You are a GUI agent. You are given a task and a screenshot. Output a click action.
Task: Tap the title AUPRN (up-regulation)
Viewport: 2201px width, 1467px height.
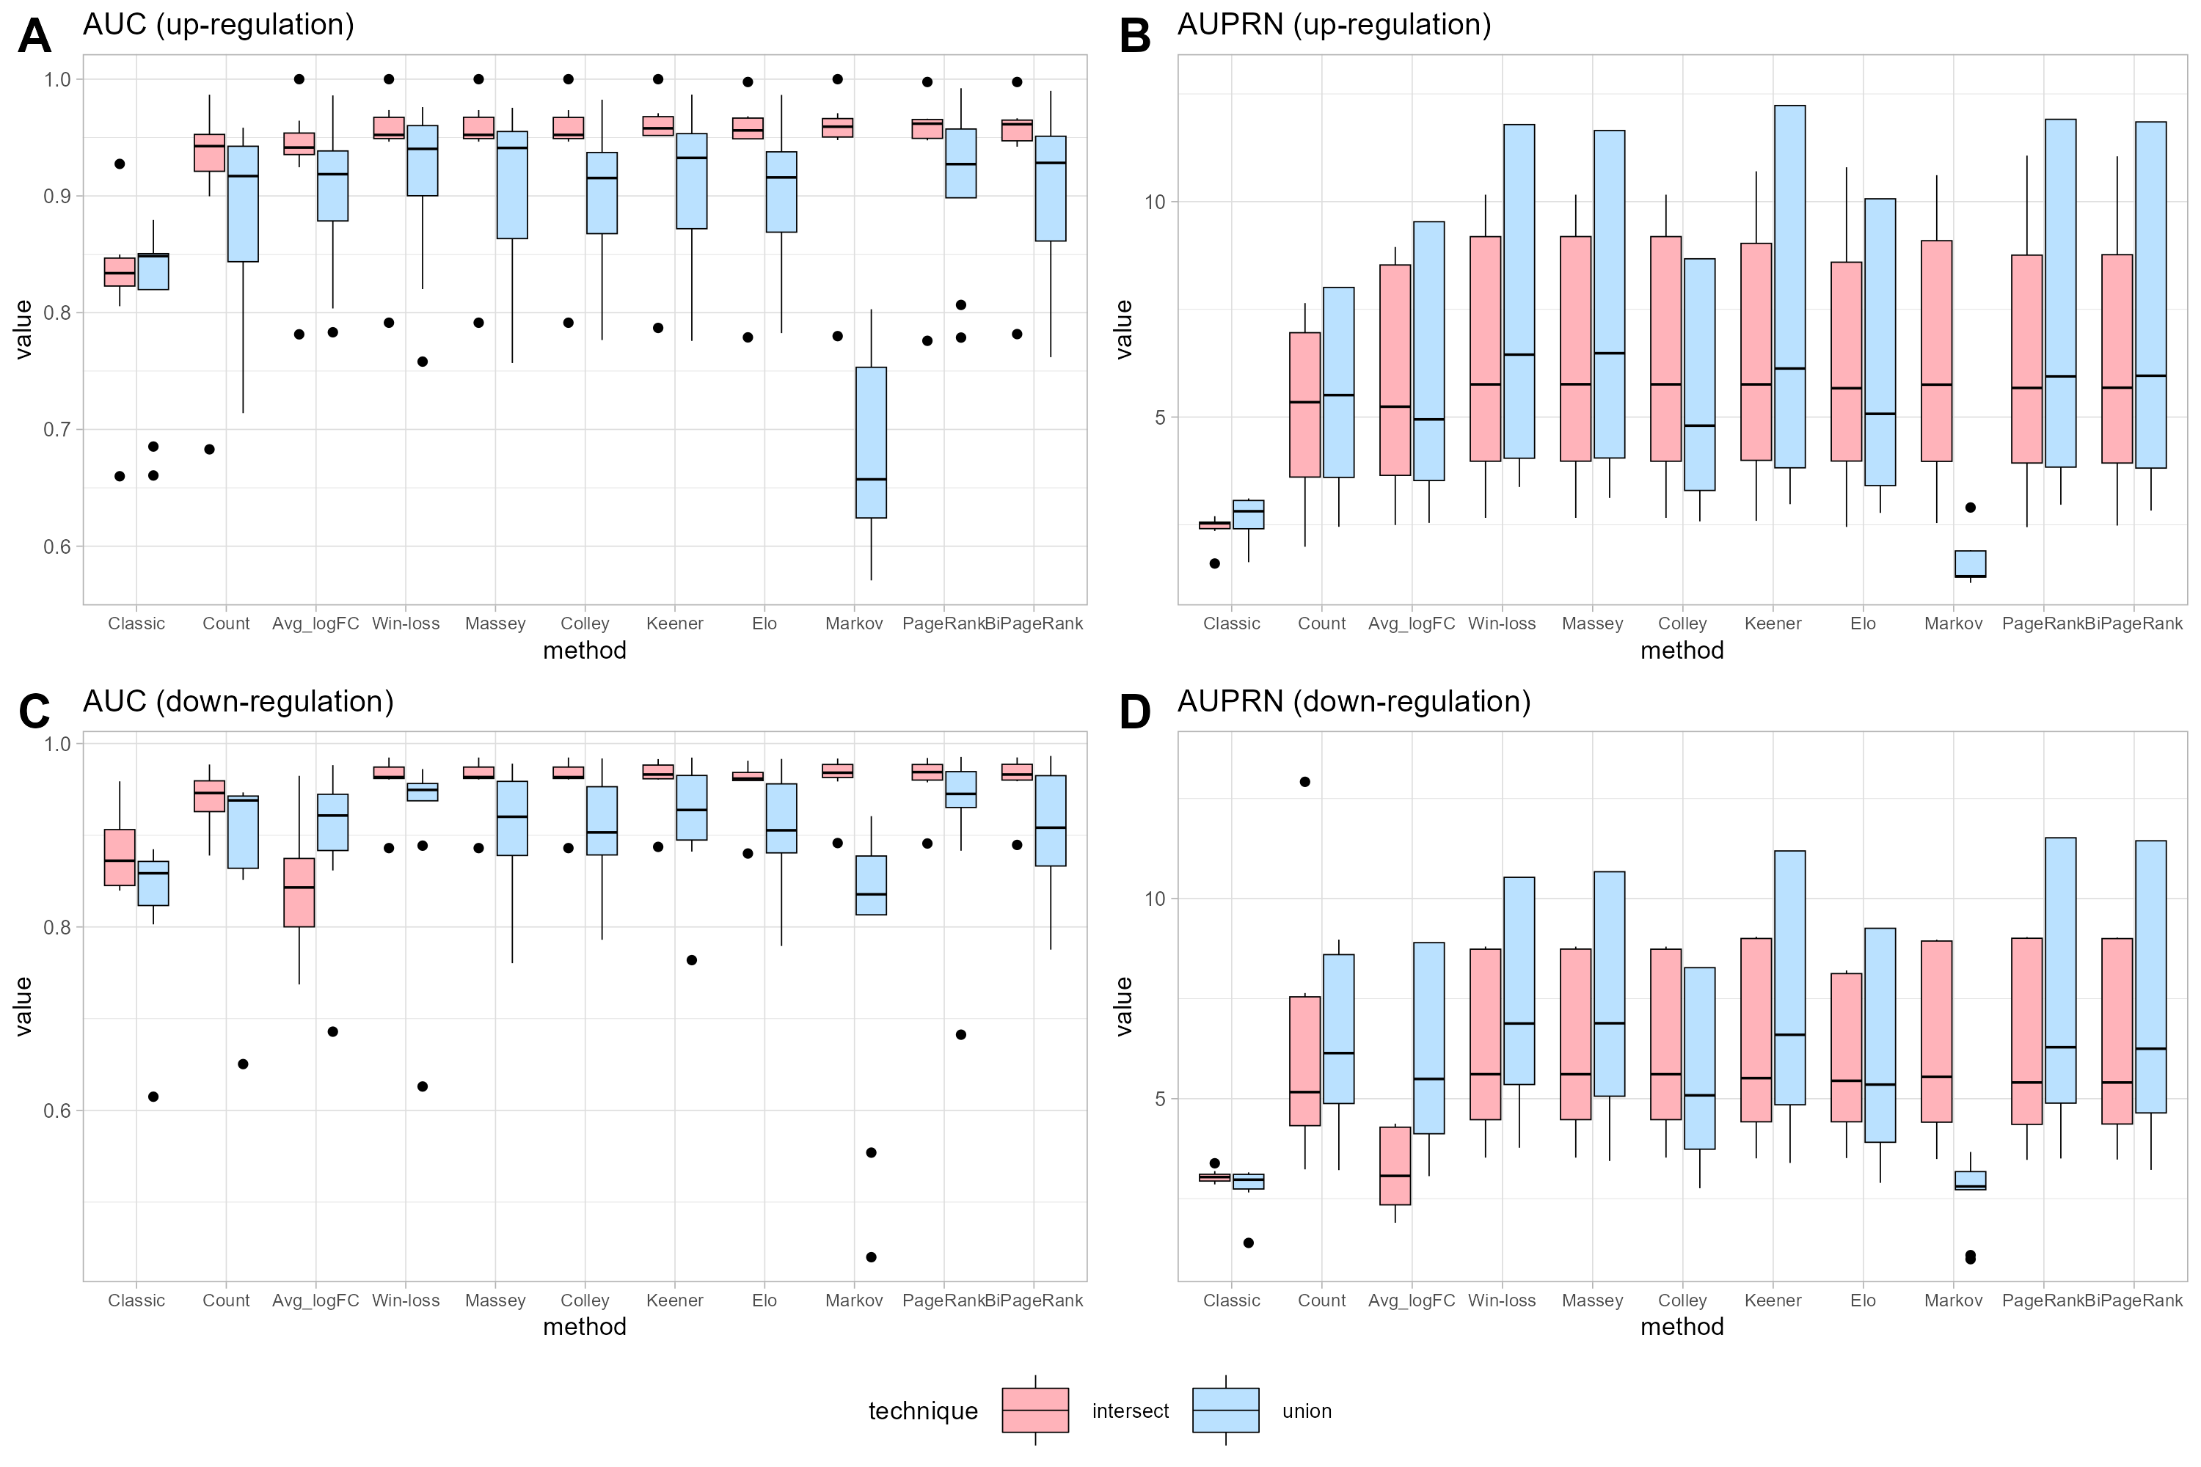coord(1334,24)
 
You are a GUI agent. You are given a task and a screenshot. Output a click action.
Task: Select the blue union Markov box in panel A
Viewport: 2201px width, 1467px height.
coord(872,442)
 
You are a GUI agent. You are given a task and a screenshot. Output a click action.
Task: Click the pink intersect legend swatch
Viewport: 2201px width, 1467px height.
coord(1035,1410)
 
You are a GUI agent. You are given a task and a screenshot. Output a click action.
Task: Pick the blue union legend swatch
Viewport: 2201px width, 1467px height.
coord(1226,1410)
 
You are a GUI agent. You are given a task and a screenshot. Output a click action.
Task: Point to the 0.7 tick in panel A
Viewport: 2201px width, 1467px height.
coord(58,429)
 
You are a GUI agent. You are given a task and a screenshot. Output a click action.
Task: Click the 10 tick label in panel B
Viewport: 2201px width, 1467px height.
coord(1155,202)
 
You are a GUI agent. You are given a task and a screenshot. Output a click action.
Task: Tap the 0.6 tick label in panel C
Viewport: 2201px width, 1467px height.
coord(58,1111)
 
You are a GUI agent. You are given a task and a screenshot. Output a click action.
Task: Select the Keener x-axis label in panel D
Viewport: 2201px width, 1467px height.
coord(1773,1300)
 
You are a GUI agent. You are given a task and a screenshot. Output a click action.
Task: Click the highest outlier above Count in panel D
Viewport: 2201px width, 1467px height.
coord(1305,782)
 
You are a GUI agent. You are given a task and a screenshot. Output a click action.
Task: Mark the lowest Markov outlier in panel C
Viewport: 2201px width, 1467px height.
coord(872,1257)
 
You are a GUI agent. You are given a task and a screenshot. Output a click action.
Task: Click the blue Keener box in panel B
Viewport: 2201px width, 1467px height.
coord(1790,286)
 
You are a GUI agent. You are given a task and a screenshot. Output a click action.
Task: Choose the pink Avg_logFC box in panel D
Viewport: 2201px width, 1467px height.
coord(1395,1166)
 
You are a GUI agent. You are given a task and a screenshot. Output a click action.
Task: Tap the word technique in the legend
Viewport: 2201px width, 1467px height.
coord(923,1411)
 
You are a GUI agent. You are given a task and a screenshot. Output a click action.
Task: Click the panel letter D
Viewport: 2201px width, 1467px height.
coord(1135,712)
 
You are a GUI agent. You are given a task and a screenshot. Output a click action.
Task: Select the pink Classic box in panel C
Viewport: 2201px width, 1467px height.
coord(120,857)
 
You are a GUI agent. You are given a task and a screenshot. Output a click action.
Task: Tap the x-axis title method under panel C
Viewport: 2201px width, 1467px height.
coord(584,1327)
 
